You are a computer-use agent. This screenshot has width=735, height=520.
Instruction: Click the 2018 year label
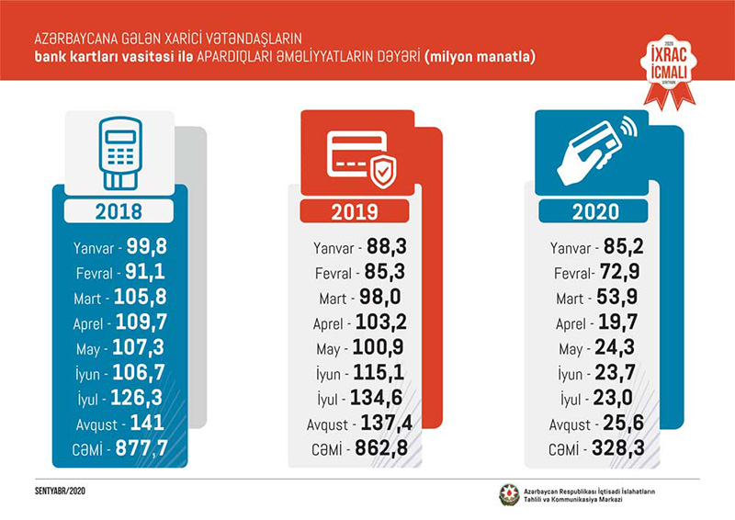pos(119,211)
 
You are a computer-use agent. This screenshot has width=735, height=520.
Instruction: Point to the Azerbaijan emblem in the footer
pos(508,494)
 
